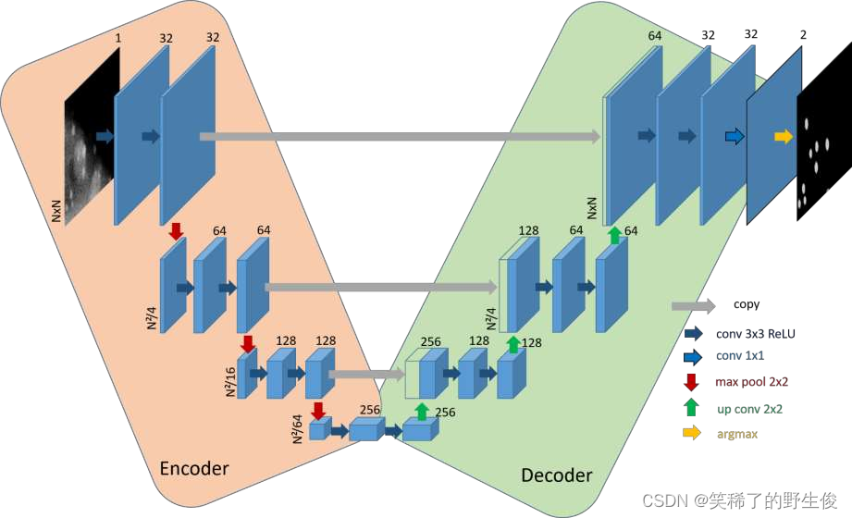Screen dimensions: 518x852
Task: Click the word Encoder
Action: [x=194, y=468]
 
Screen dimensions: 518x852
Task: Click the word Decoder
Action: [x=556, y=475]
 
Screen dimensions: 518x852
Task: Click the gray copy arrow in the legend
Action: [x=693, y=305]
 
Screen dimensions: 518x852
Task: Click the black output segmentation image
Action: [x=822, y=147]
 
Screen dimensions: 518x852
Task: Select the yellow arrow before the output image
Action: [x=784, y=137]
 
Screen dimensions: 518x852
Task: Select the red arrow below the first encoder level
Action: [x=176, y=229]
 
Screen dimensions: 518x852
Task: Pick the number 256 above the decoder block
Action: [x=431, y=341]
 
